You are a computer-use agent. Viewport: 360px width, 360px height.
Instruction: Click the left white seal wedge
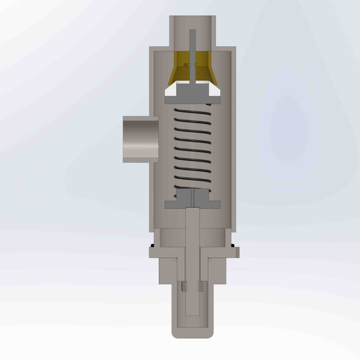(x=173, y=89)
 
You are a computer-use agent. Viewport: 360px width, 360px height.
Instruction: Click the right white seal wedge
(x=213, y=89)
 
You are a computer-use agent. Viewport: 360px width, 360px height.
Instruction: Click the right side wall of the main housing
(x=231, y=141)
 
